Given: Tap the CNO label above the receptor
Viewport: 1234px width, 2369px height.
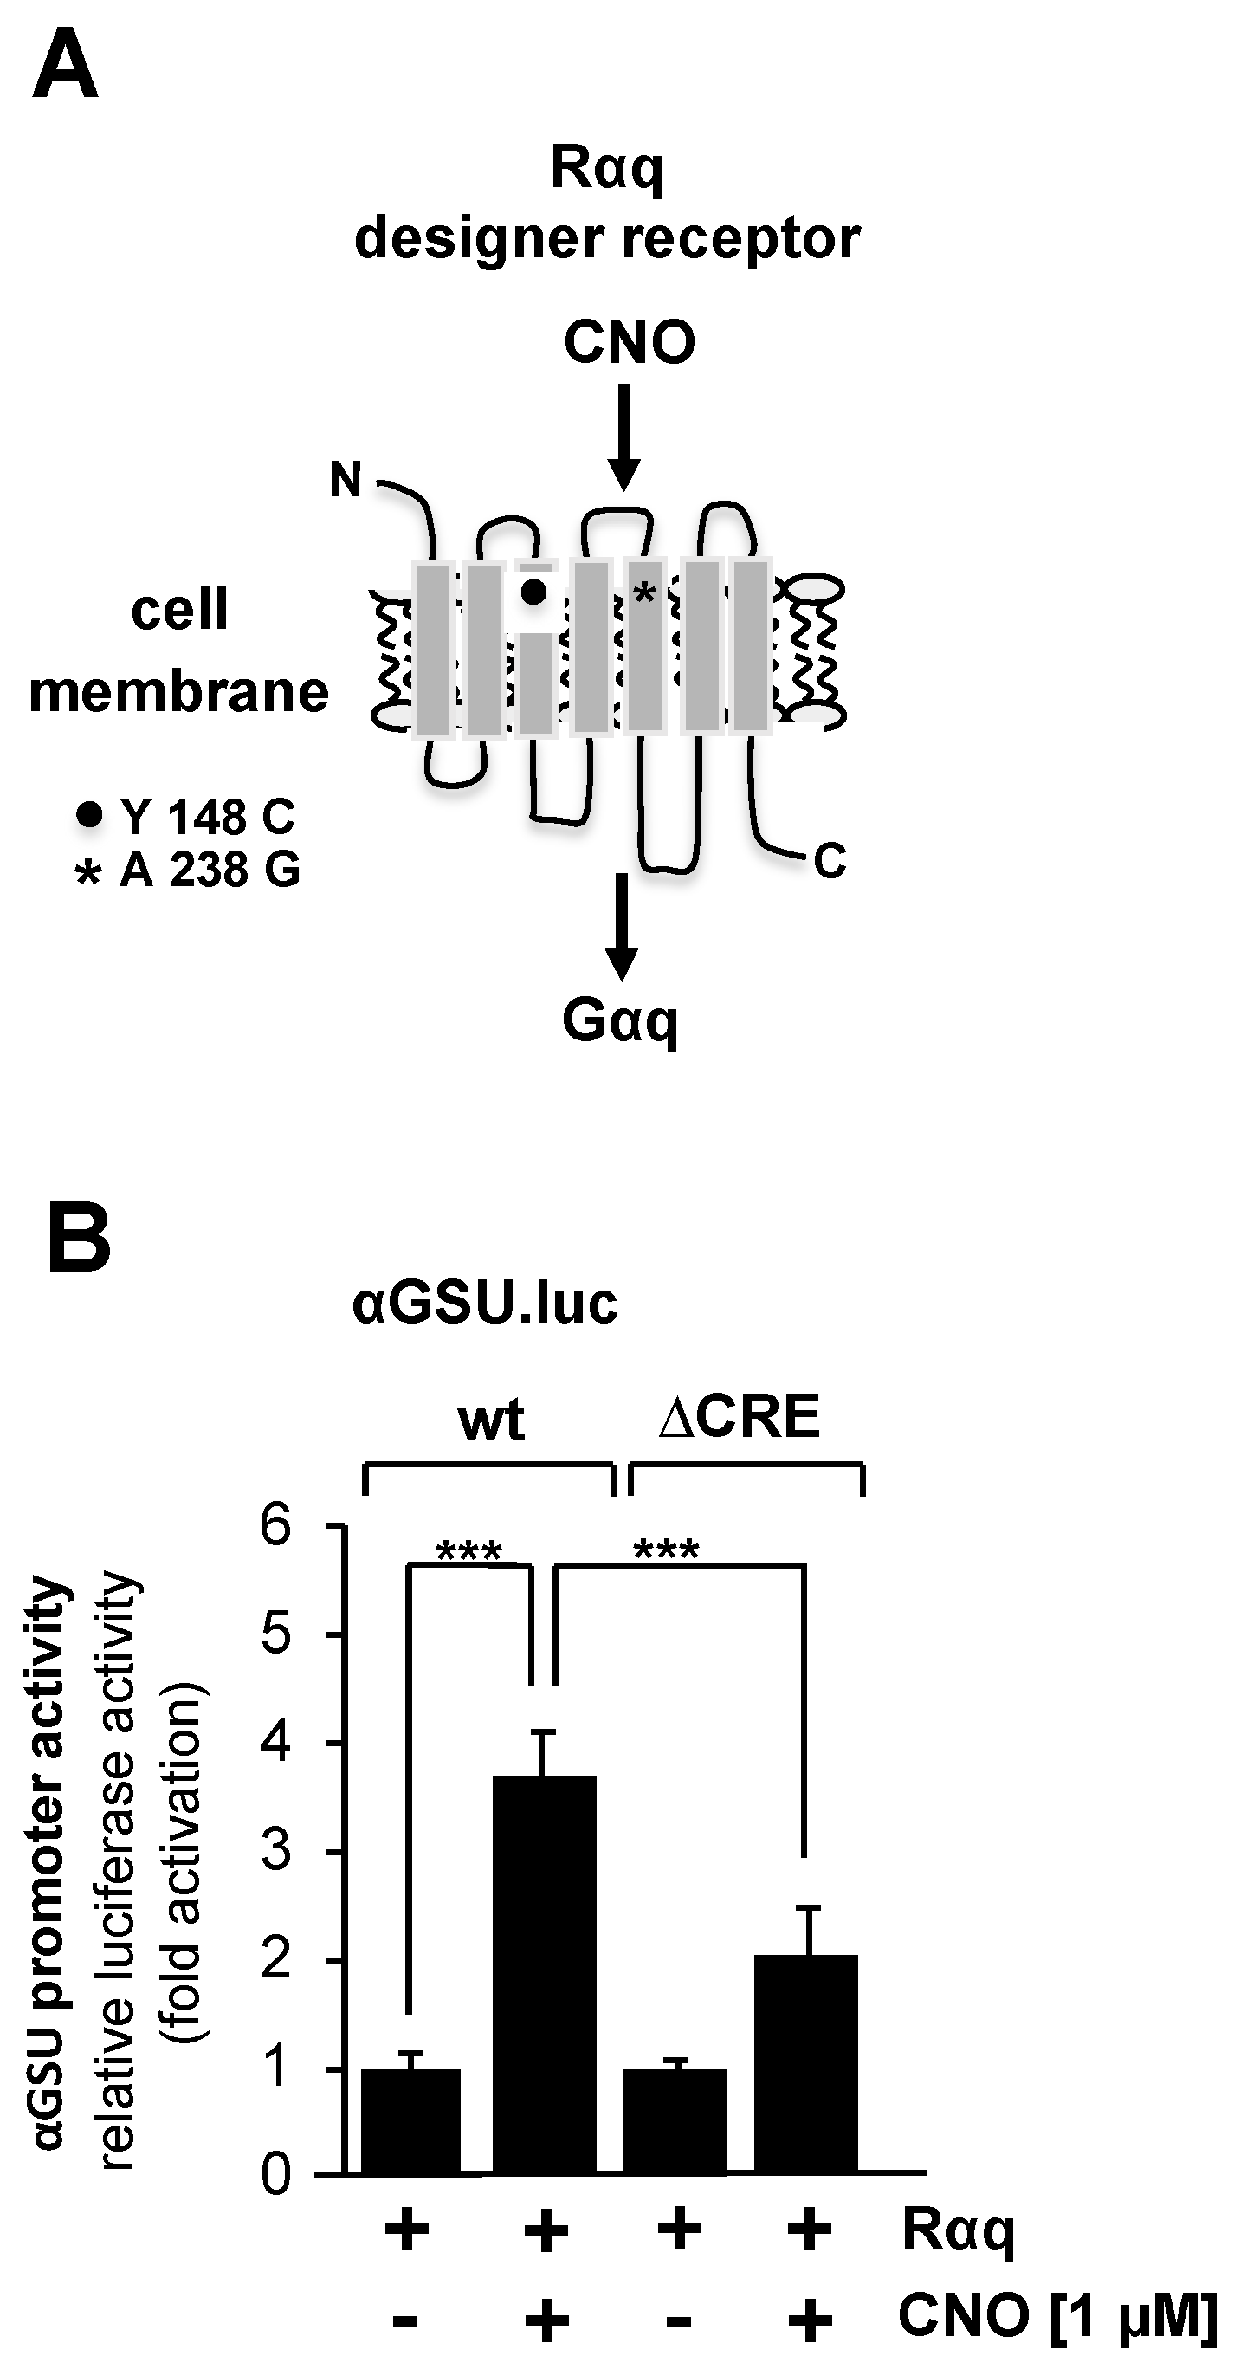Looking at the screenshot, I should coord(629,343).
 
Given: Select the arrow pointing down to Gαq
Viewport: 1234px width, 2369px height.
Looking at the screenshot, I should coord(622,924).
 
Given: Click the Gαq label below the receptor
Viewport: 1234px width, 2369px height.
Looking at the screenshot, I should coord(621,1021).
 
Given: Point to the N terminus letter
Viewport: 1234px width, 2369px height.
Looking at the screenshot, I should coord(346,480).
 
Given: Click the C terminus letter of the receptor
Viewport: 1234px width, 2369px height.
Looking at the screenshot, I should coord(830,862).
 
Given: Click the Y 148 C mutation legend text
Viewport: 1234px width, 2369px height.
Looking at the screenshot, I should coord(207,817).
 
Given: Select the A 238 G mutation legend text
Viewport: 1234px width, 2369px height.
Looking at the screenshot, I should coord(210,869).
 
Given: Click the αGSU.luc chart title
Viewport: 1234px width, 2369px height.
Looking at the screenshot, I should coord(485,1304).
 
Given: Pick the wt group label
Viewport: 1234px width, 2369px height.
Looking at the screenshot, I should coord(491,1420).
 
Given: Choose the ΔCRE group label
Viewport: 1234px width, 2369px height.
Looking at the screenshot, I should coord(740,1417).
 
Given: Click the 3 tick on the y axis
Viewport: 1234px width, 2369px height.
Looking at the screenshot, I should coord(276,1851).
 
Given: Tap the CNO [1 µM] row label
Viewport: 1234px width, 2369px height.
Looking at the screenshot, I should coord(1056,2314).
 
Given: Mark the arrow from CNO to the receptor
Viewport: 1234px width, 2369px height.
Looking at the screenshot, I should coord(624,437).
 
